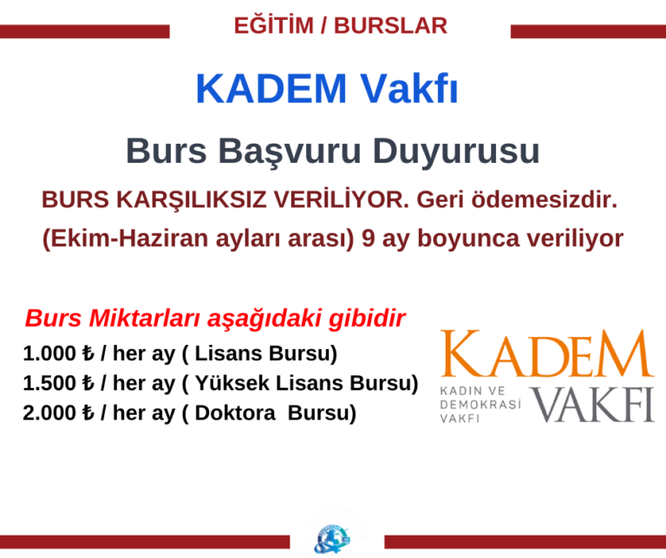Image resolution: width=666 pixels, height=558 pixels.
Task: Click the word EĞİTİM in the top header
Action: (273, 26)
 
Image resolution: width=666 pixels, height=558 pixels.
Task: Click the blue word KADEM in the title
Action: (271, 90)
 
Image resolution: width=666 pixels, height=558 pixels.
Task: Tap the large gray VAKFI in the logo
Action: (592, 405)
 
